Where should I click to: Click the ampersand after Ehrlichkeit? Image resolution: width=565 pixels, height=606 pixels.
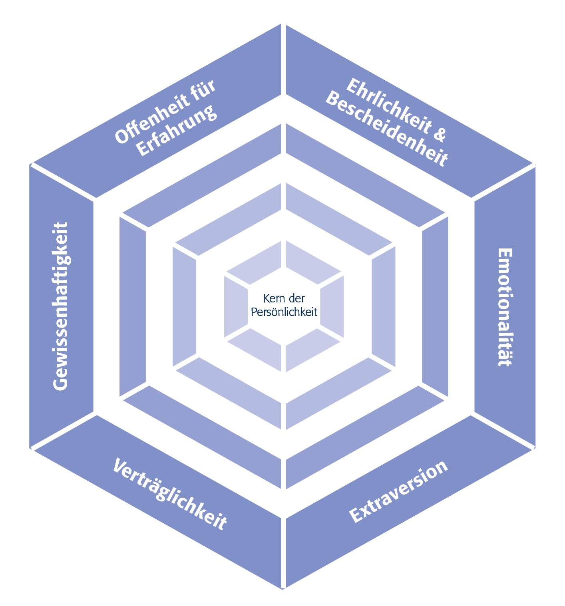coord(440,135)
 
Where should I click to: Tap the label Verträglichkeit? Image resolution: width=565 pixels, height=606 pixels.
coord(170,494)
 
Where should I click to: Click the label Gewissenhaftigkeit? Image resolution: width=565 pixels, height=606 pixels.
coord(61,306)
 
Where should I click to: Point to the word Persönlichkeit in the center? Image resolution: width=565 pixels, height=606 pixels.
coord(284,312)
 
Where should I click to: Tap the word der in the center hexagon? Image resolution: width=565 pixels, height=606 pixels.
coord(296,298)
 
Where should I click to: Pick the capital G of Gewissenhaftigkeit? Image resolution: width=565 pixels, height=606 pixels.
coord(60,382)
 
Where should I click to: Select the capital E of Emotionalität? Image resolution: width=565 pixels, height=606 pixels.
coord(505,255)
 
